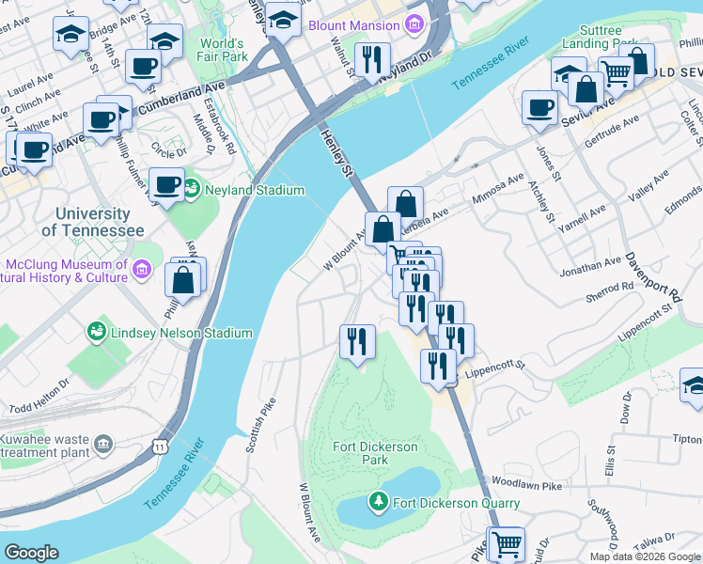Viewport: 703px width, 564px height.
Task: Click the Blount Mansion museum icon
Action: pos(411,25)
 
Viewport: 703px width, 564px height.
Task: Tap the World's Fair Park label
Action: pos(222,51)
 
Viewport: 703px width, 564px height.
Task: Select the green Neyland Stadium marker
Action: pos(192,190)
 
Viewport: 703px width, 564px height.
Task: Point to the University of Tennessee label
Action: pos(92,223)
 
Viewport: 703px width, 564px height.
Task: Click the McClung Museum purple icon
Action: pos(141,270)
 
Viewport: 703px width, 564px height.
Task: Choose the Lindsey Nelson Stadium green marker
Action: pos(97,333)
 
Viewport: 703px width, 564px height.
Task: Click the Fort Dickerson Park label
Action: pos(375,453)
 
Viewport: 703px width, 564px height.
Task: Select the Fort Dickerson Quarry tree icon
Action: pos(379,502)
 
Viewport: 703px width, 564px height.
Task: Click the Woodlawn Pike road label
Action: pos(539,485)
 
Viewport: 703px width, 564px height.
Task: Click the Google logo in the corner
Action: pos(32,553)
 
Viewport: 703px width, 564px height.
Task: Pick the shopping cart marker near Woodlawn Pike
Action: pos(505,542)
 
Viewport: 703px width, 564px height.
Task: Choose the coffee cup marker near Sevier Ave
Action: pos(539,107)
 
